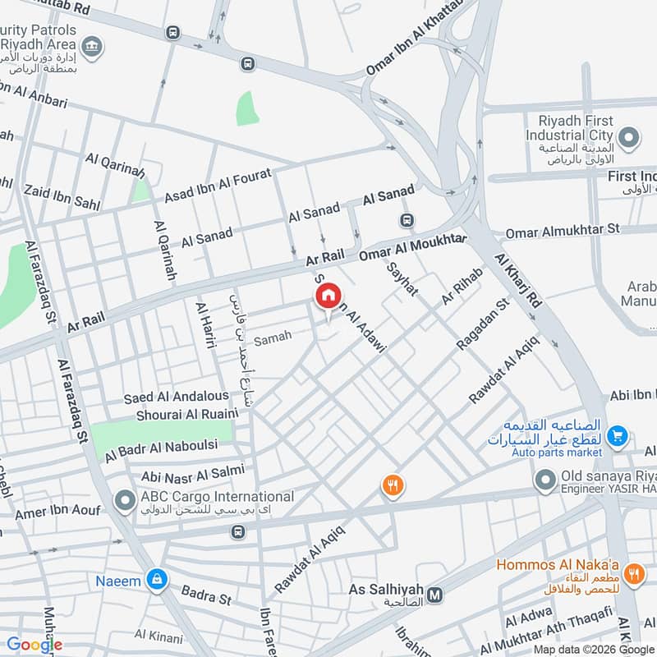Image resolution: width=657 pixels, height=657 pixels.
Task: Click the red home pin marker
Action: pos(328,294)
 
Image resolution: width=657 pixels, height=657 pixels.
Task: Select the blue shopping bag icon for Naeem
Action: pos(154,580)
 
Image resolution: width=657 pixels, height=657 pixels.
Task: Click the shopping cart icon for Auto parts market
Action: pos(618,435)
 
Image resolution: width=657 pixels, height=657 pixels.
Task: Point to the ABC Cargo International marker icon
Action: pos(125,498)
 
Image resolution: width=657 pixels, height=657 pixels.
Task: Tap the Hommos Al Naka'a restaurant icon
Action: pos(632,574)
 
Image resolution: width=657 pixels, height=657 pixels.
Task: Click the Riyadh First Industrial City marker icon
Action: pos(628,137)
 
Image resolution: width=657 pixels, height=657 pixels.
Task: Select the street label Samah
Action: pos(273,338)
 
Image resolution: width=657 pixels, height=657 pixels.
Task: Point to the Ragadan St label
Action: pos(483,324)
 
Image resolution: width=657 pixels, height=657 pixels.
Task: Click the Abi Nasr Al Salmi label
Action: pos(182,473)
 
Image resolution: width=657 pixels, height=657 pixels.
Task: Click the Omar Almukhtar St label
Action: pos(563,232)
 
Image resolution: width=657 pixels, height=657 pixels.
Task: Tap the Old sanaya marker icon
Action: pos(544,479)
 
